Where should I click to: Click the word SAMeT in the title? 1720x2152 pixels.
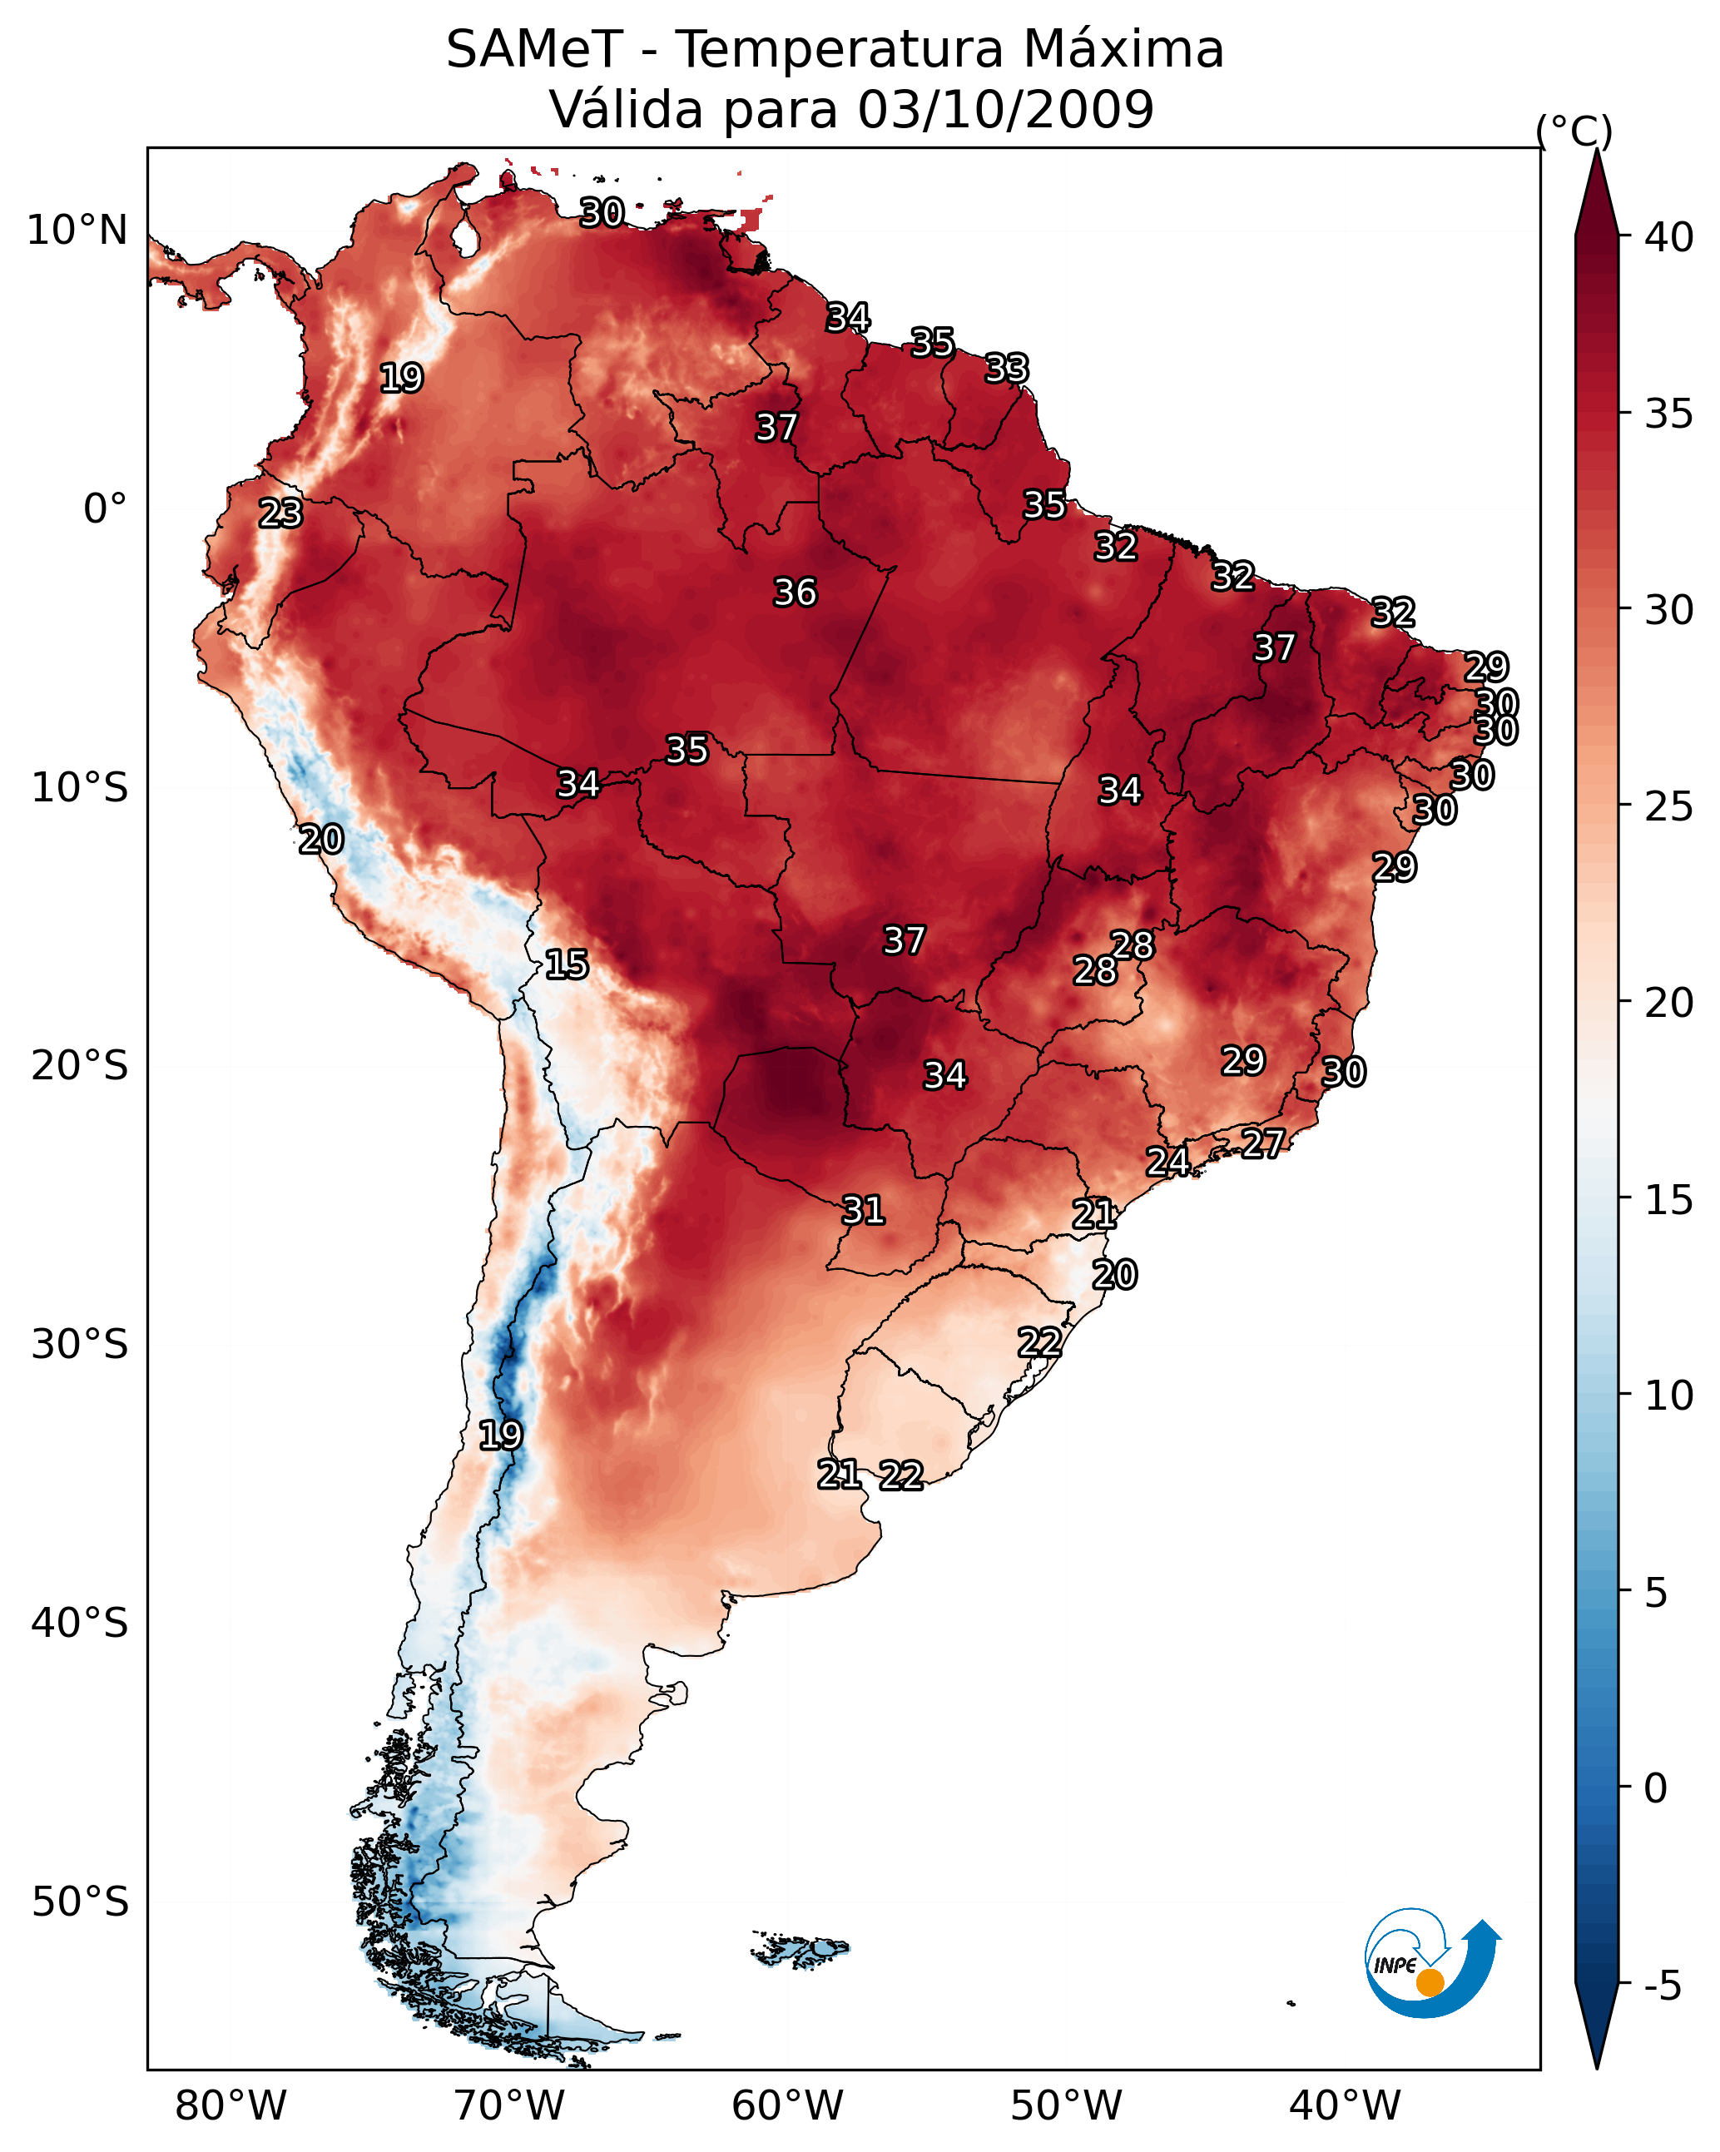(x=534, y=50)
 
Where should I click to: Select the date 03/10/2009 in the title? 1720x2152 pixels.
(x=1005, y=110)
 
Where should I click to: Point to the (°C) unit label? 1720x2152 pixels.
(x=1574, y=131)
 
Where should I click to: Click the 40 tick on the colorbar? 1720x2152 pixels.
(x=1669, y=237)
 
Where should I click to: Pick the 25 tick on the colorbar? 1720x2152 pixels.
(x=1669, y=806)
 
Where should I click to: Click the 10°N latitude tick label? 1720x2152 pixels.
(x=77, y=231)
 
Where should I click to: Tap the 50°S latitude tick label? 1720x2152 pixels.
(x=80, y=1902)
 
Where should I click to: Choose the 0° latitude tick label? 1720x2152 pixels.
(x=105, y=509)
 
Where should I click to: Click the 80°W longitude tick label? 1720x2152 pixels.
(x=230, y=2105)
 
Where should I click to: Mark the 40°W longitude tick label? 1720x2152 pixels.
(x=1345, y=2105)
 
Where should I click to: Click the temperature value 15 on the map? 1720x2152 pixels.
(x=567, y=964)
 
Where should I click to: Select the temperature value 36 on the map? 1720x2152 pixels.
(x=796, y=593)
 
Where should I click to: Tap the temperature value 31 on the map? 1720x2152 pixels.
(x=864, y=1211)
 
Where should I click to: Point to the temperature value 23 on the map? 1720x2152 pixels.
(x=280, y=513)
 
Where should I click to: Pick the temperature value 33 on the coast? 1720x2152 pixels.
(x=1006, y=369)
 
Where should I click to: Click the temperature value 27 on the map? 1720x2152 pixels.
(x=1263, y=1143)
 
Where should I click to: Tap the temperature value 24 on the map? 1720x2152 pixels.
(x=1167, y=1162)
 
